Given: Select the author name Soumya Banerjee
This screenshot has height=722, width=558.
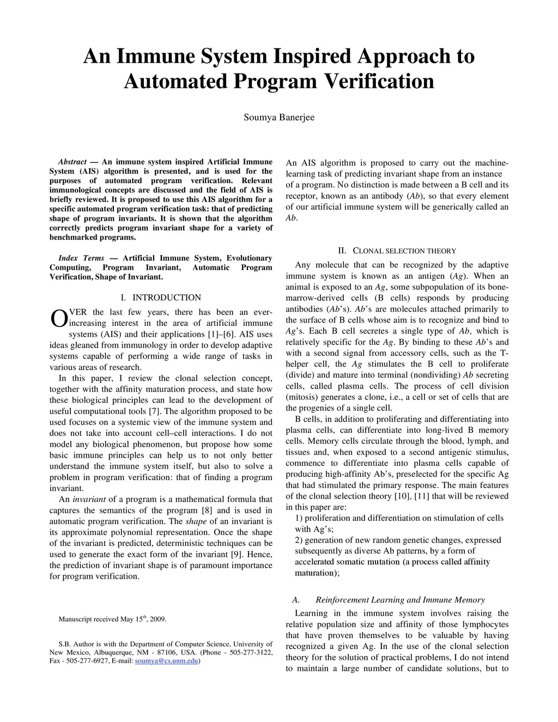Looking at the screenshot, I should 278,117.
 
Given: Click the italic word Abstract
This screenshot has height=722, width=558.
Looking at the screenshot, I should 72,162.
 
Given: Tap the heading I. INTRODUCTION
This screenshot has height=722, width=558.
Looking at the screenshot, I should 161,298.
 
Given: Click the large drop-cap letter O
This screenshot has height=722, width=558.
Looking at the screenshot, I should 58,320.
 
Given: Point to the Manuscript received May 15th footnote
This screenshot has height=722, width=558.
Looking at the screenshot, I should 112,619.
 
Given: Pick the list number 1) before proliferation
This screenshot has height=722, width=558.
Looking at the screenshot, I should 299,518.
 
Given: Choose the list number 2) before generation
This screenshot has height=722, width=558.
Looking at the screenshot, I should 299,540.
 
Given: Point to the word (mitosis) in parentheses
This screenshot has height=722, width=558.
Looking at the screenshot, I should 305,397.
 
